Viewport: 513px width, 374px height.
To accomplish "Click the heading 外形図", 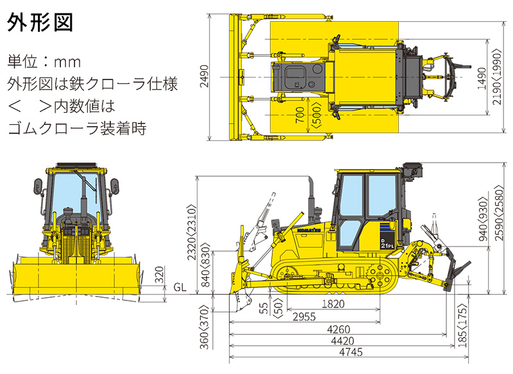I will pos(40,24).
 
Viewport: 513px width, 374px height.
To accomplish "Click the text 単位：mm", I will pos(43,62).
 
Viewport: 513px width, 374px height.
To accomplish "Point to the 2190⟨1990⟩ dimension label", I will pos(498,77).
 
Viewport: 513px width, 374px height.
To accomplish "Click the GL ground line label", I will pos(181,288).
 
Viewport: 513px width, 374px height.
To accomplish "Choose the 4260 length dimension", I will pos(333,330).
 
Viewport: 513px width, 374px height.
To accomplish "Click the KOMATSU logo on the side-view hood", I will pos(309,229).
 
